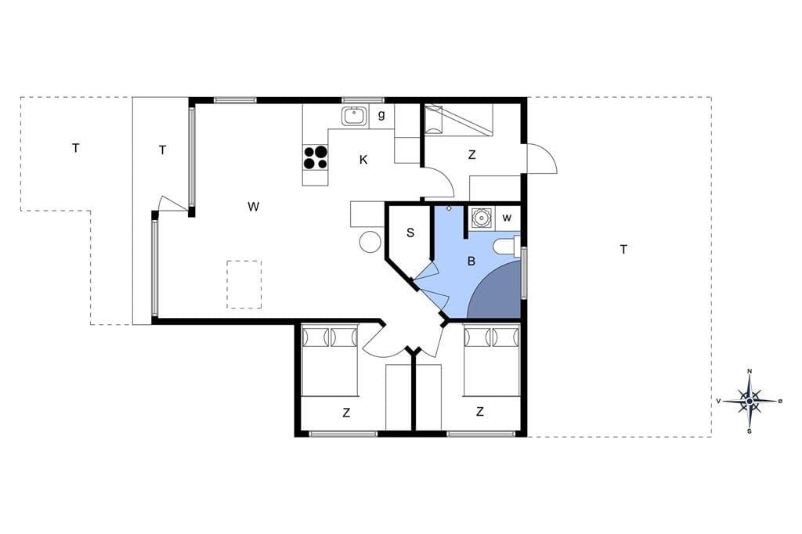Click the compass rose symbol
(x=750, y=401)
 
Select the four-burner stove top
(x=315, y=157)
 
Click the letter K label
(x=363, y=160)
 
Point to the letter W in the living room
(x=253, y=207)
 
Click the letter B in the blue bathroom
(x=471, y=262)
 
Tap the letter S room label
(x=410, y=233)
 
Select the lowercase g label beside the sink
(x=381, y=115)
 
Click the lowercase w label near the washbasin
(x=507, y=218)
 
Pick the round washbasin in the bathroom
(x=481, y=218)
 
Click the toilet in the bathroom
(x=508, y=247)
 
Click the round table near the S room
(x=370, y=242)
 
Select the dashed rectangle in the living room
(x=244, y=284)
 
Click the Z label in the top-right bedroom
(x=471, y=154)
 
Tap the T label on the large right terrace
(x=623, y=250)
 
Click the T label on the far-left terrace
(x=76, y=148)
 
